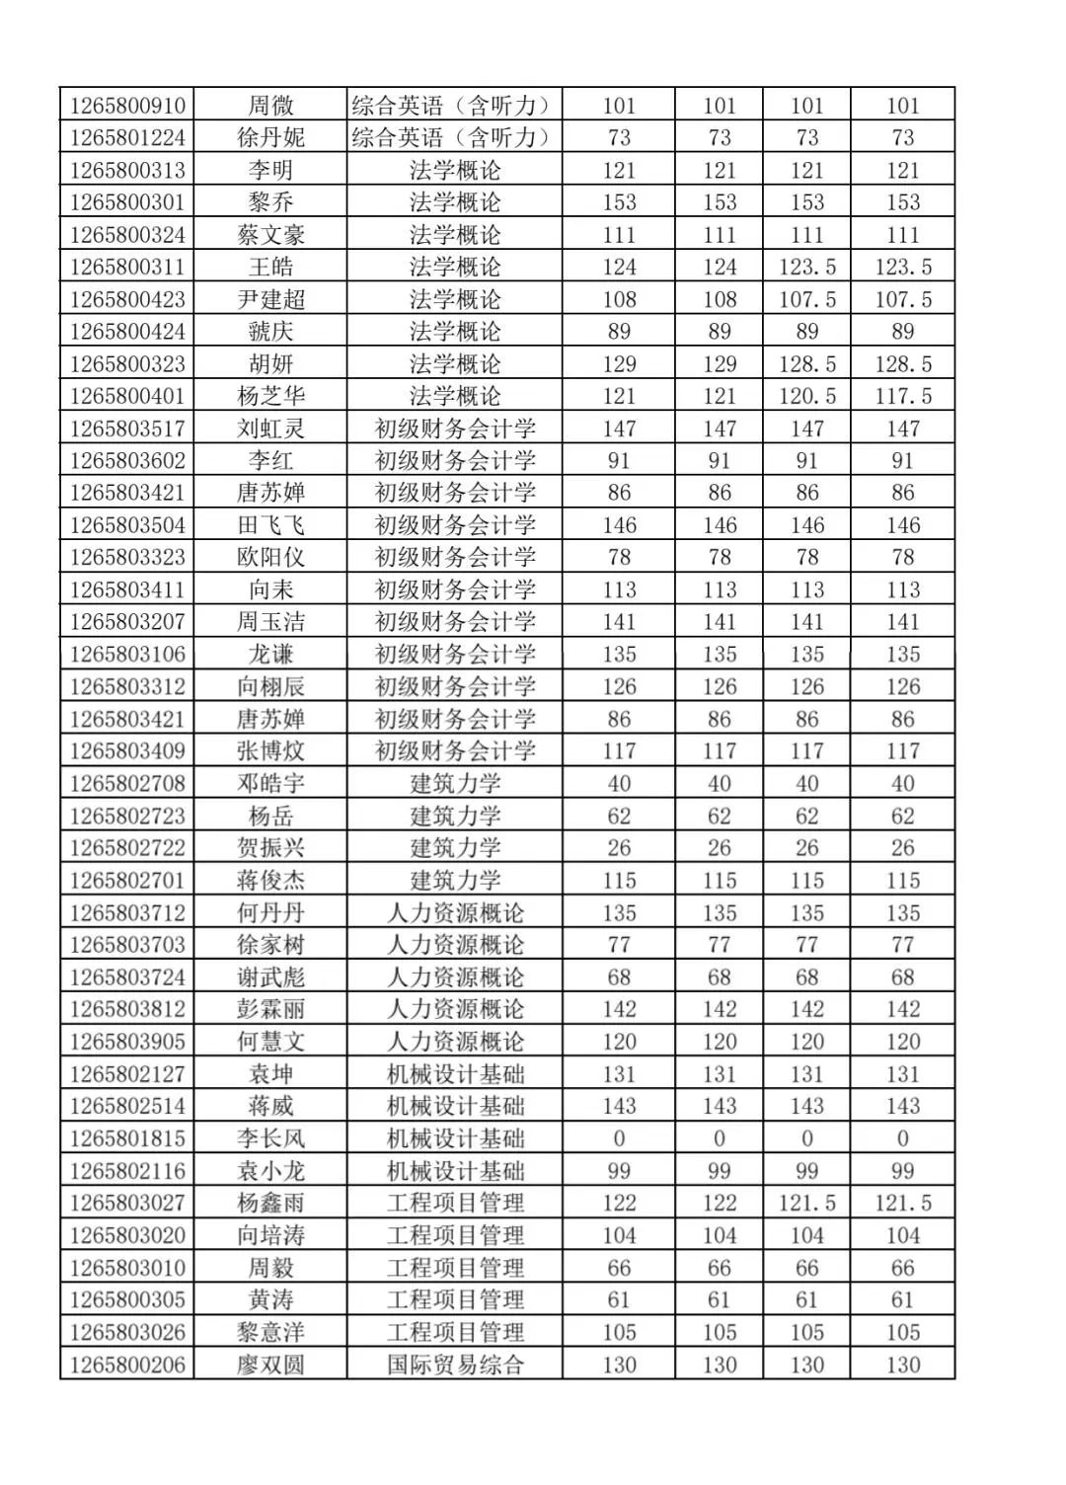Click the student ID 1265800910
pos(127,105)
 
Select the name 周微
pos(270,105)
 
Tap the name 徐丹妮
pos(270,137)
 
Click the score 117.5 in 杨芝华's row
pos(902,396)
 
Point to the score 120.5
pos(806,396)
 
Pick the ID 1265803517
pos(127,429)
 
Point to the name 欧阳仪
pos(270,557)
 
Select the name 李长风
pos(270,1138)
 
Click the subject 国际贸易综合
pos(455,1365)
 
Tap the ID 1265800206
pos(127,1365)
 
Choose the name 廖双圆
pos(270,1365)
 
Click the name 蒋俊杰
pos(270,880)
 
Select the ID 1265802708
pos(127,783)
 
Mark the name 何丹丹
pos(270,912)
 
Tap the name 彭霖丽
pos(270,1009)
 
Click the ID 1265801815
pos(127,1138)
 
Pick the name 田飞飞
pos(270,525)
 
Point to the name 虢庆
pos(270,331)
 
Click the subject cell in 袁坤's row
pos(455,1074)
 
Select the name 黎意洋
pos(270,1332)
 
